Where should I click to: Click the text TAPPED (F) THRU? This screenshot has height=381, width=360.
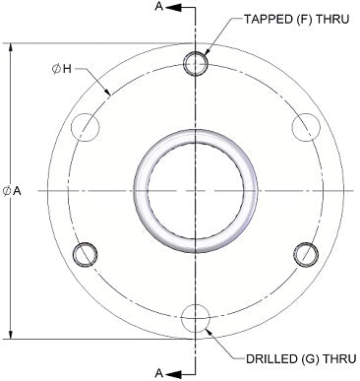(x=296, y=20)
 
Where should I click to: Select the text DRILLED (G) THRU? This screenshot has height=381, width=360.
(x=301, y=358)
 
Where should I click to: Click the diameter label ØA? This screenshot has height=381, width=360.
(x=12, y=191)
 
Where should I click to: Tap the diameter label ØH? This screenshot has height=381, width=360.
(x=62, y=69)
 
